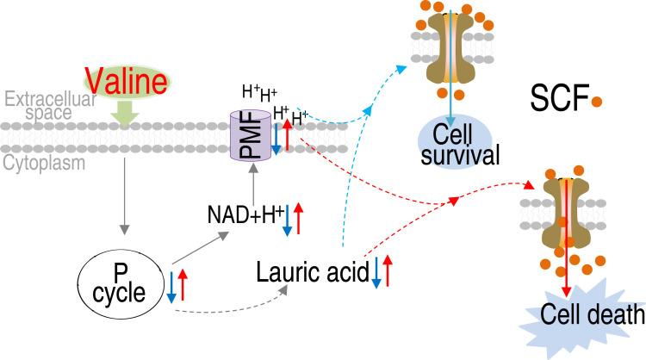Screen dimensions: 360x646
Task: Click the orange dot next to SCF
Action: tap(596, 102)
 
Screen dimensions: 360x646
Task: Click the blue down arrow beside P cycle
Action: tap(172, 286)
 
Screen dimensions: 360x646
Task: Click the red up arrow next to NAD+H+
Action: tap(297, 218)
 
